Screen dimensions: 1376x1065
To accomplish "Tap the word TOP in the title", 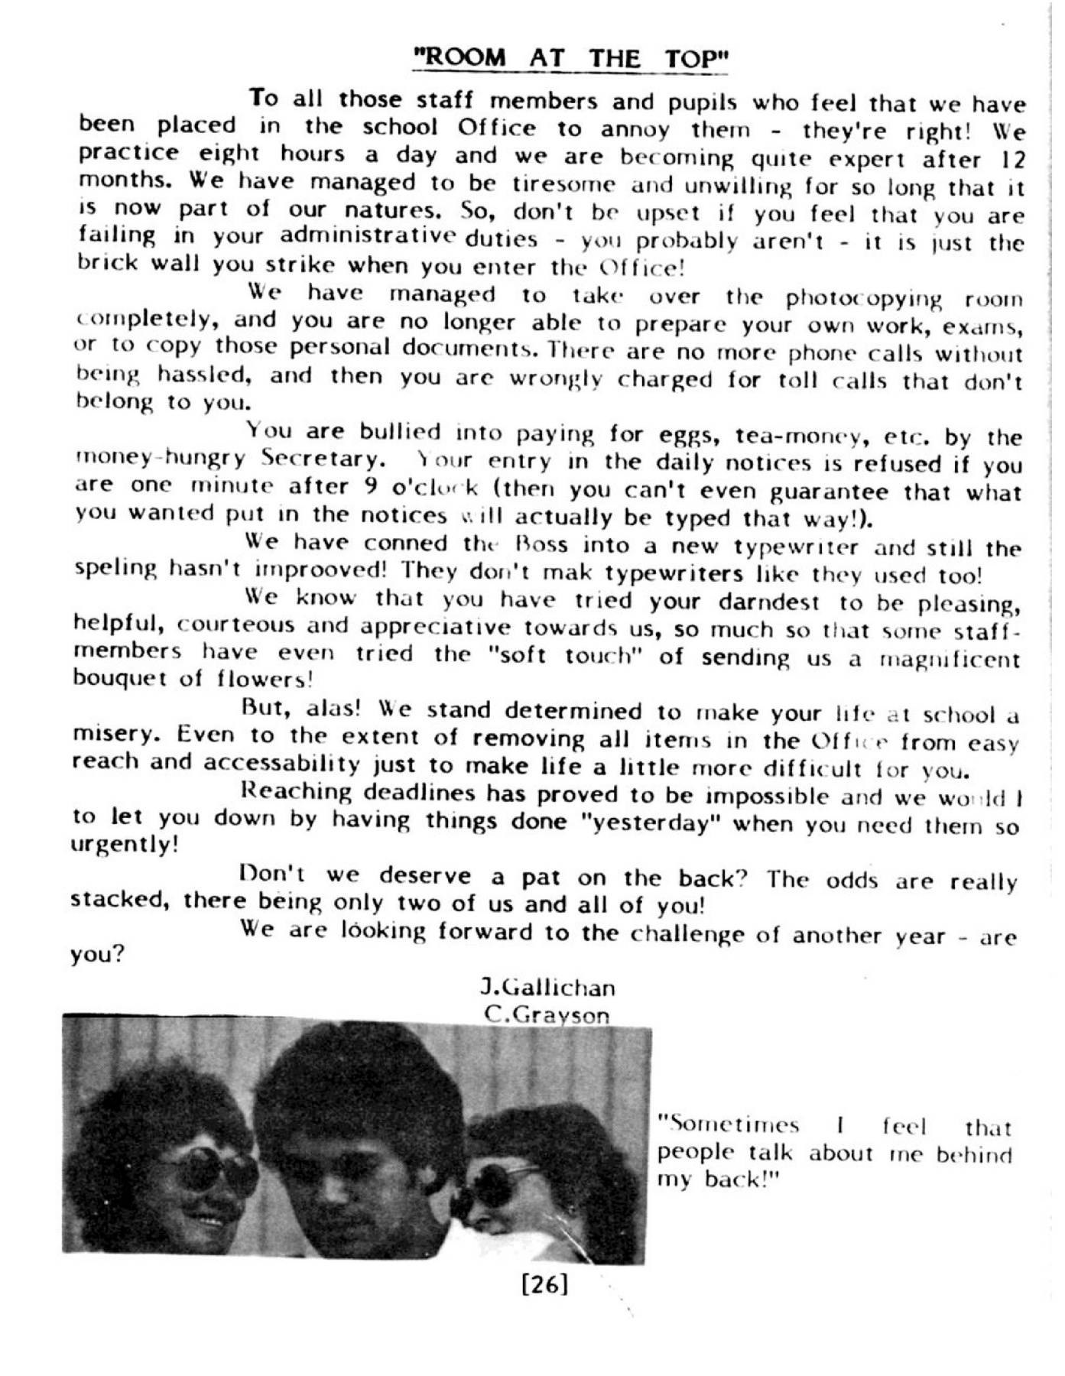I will [x=690, y=59].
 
